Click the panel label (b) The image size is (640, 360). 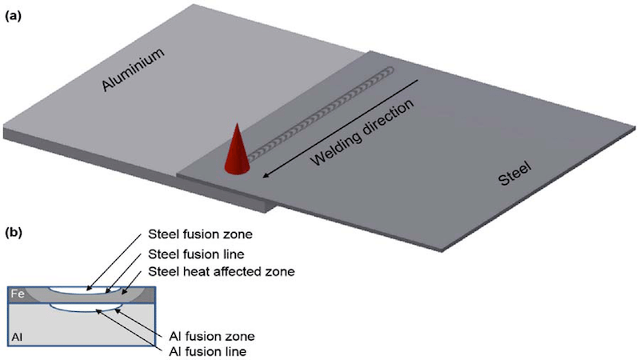[12, 234]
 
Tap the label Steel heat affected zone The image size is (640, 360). [222, 271]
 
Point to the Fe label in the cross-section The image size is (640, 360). [17, 294]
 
